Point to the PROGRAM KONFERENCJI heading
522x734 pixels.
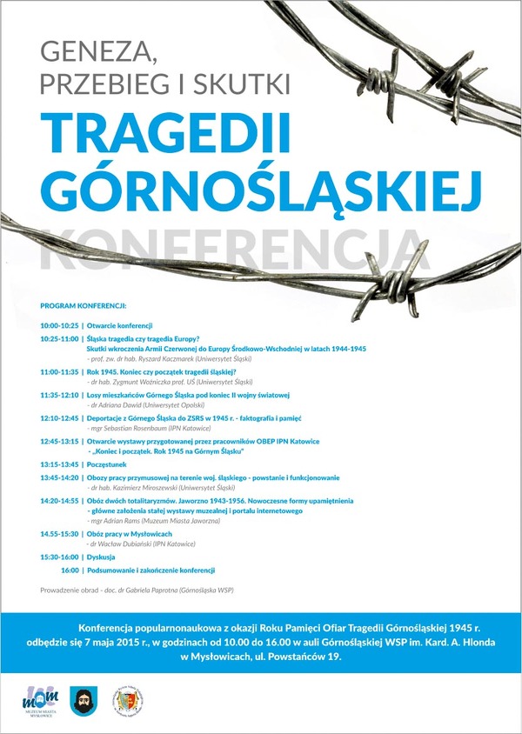tap(84, 306)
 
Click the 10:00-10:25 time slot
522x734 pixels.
tap(59, 325)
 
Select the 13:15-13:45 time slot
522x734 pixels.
tap(59, 464)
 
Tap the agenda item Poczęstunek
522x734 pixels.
tap(110, 464)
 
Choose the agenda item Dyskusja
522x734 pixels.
tap(103, 557)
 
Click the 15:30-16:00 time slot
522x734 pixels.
tap(59, 557)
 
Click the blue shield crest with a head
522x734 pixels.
tap(84, 699)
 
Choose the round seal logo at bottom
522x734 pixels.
tap(128, 699)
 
